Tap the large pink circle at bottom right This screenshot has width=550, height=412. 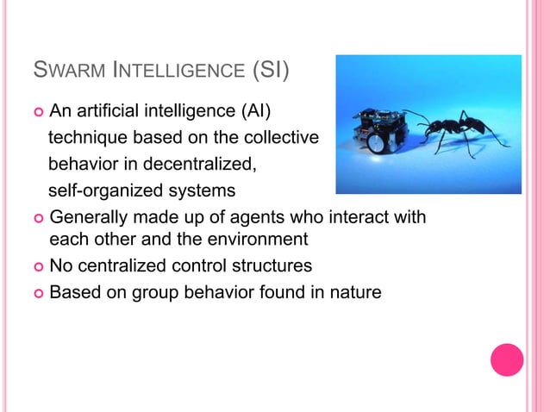coord(507,360)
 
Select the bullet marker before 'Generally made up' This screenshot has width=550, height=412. coord(37,217)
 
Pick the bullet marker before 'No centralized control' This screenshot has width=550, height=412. coord(37,265)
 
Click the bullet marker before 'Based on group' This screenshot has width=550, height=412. coord(37,293)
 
